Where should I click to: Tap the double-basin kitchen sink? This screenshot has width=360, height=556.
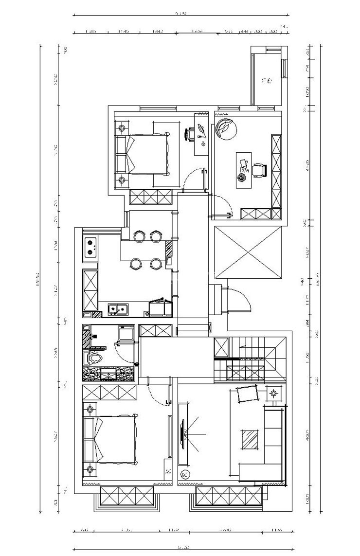coord(117,308)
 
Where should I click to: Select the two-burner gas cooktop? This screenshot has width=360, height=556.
coord(90,247)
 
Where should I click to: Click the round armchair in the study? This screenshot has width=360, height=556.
coord(226,128)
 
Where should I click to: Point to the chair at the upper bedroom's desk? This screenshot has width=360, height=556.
coord(190,133)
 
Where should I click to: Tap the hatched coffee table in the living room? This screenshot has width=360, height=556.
coord(250,440)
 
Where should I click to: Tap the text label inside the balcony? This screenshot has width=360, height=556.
coord(266,81)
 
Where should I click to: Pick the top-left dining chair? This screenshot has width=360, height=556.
coord(139,236)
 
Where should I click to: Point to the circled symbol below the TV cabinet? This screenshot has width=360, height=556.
coord(185,474)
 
